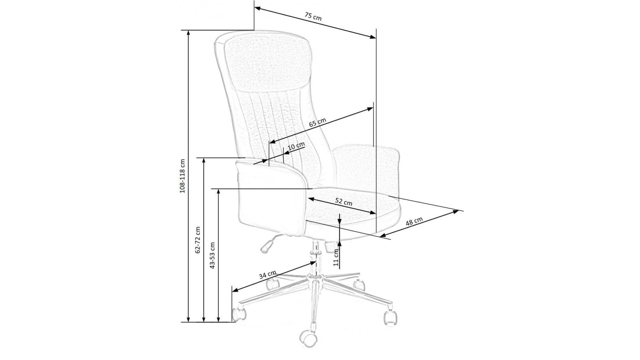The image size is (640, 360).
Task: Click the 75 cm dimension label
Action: tap(313, 16)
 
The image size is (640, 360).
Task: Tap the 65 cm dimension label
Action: tap(318, 122)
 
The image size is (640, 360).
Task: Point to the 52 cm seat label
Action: tap(344, 202)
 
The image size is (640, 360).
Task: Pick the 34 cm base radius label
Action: tap(268, 275)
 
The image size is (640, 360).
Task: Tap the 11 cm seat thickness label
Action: tap(336, 258)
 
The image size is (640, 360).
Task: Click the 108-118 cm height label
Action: tap(182, 176)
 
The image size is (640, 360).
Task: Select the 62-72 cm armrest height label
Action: tap(198, 240)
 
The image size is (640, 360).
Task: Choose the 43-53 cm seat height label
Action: tap(212, 256)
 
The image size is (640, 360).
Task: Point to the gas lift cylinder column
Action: tap(316, 258)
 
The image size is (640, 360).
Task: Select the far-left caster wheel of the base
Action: tap(239, 314)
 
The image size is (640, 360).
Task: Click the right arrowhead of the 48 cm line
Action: tap(455, 212)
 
